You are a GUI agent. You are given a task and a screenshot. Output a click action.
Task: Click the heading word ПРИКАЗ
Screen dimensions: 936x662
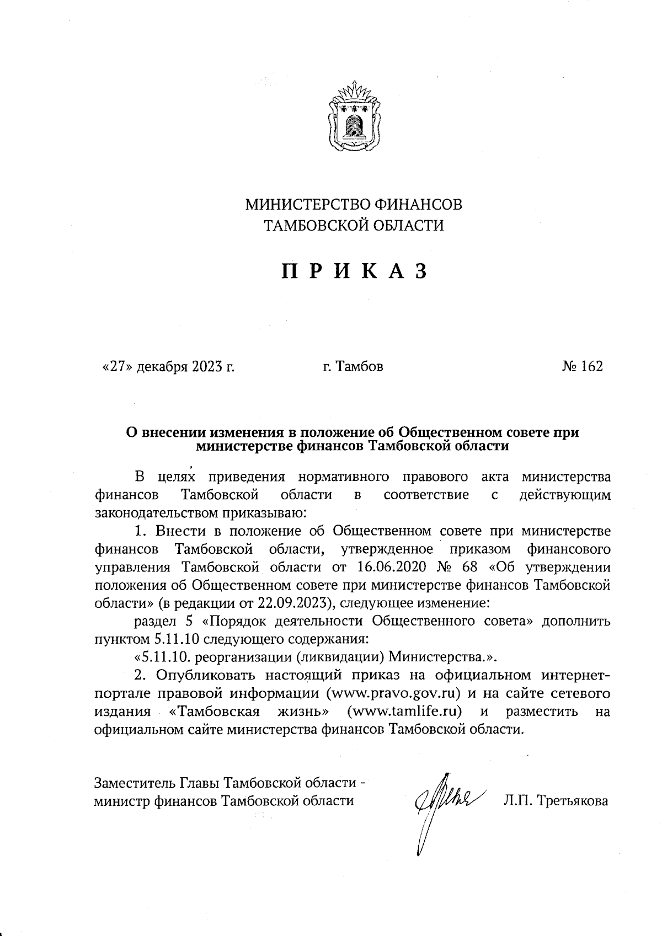pos(354,271)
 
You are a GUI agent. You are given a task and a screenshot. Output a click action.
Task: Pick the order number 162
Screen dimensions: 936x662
pos(592,366)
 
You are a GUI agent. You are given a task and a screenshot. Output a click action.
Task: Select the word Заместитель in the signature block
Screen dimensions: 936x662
pos(135,783)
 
